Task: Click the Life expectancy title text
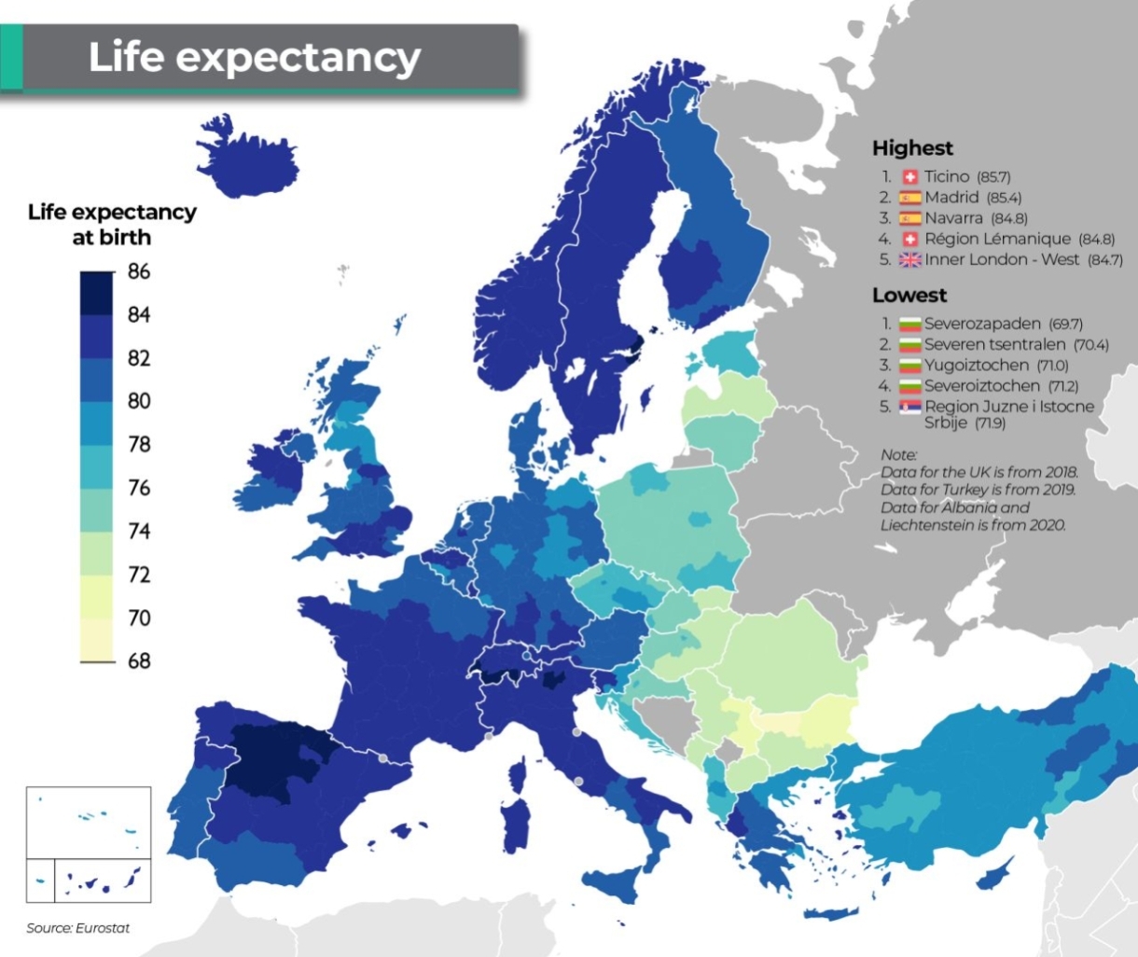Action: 255,57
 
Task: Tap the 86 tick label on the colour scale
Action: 139,271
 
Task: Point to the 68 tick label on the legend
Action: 139,661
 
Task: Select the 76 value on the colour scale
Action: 139,488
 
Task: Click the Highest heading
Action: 912,148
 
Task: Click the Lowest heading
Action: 909,296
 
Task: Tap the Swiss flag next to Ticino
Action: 909,177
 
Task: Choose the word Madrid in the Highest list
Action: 951,198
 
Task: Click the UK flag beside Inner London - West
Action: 909,260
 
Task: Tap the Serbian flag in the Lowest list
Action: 909,407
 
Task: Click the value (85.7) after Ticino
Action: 993,177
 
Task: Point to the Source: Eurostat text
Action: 78,928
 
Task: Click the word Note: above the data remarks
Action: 898,454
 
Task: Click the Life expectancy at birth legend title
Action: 112,225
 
